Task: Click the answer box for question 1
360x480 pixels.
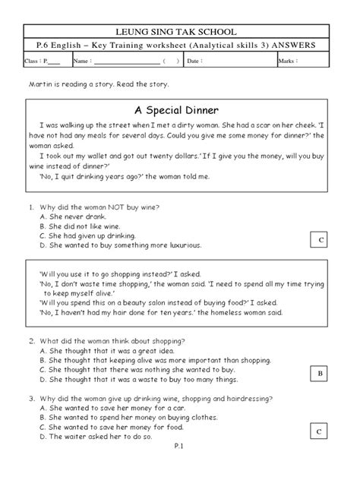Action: (x=321, y=240)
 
